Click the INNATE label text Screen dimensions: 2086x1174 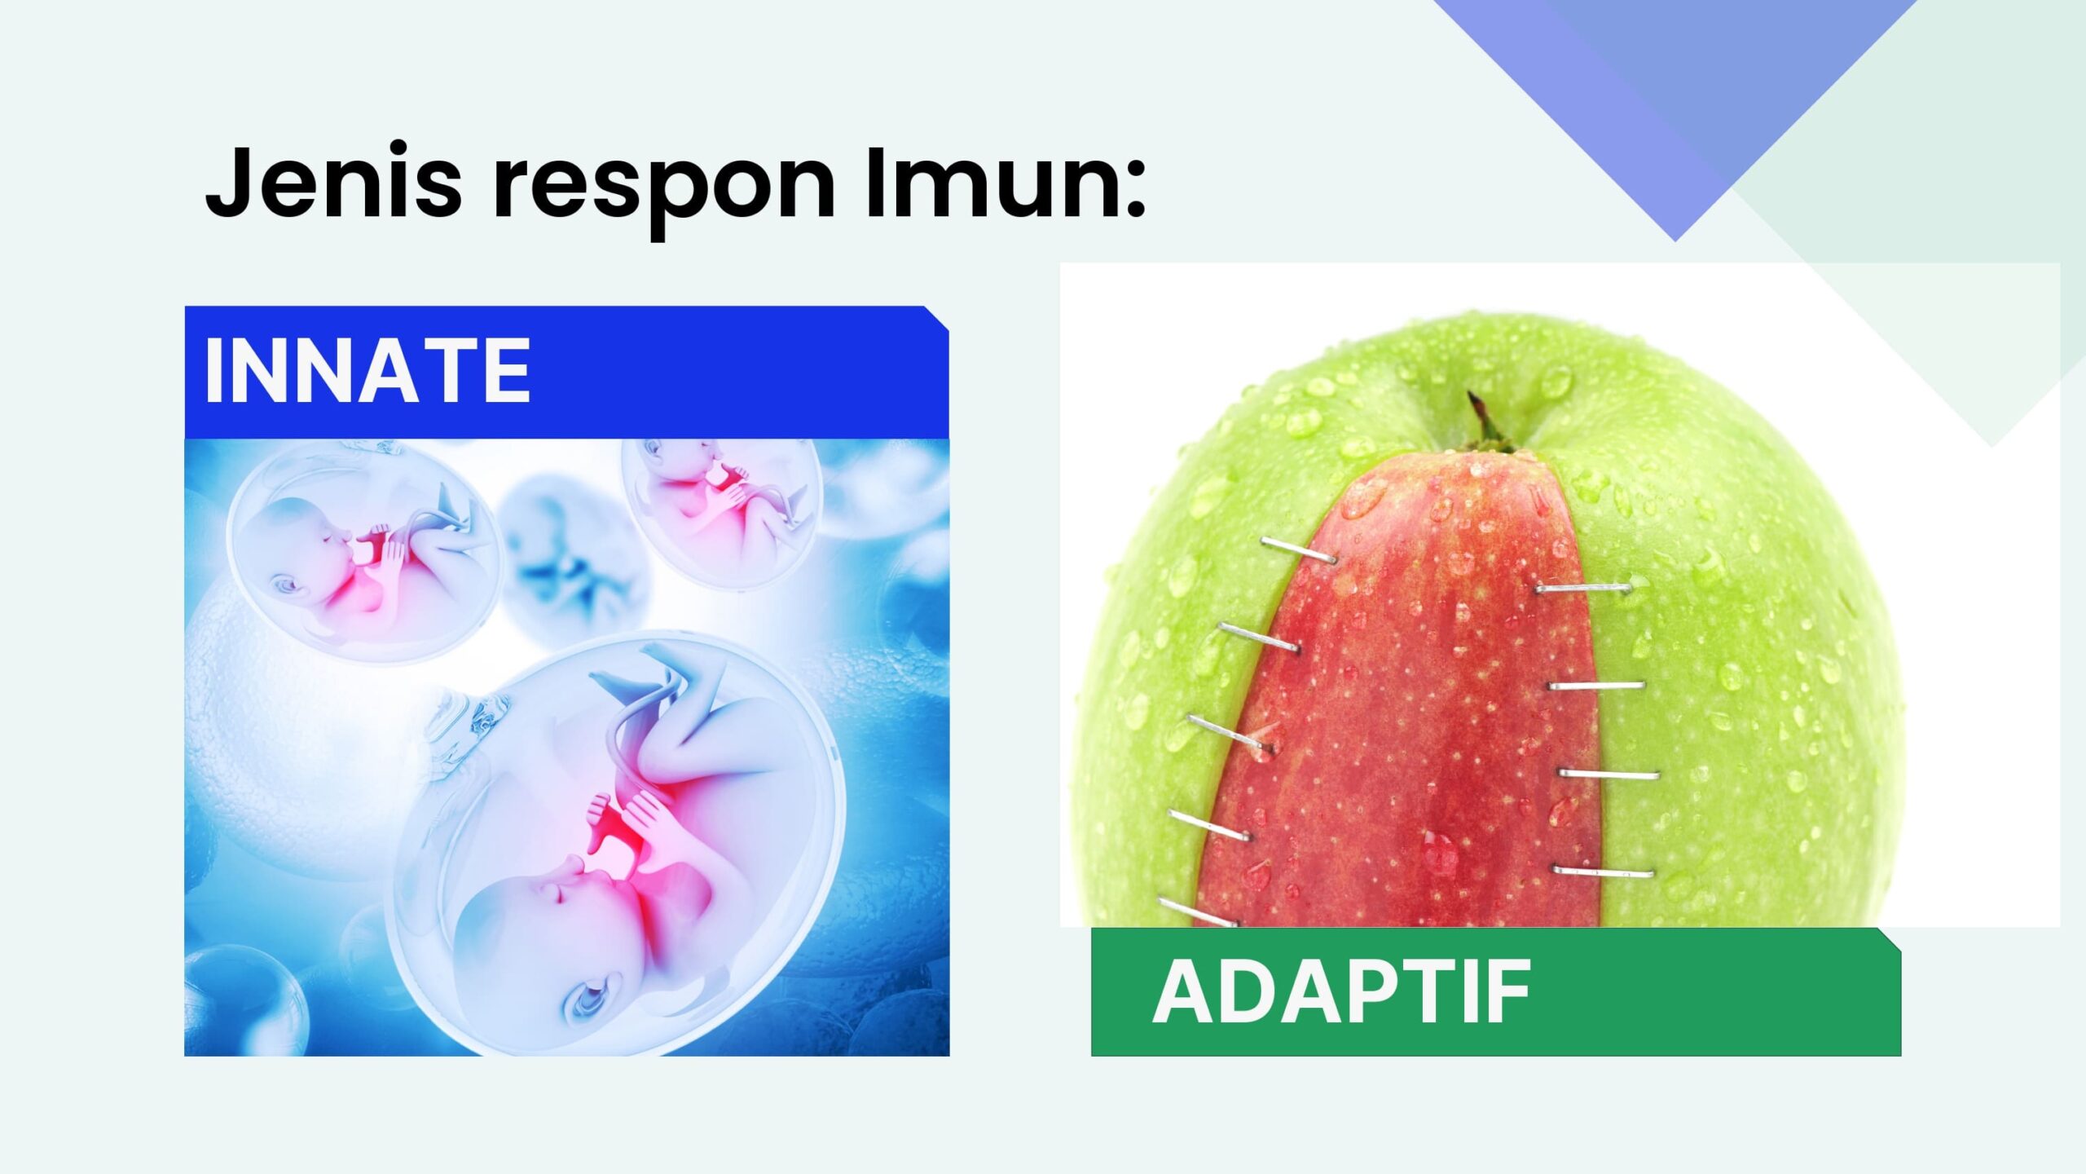click(x=367, y=371)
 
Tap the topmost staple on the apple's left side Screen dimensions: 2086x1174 click(x=1299, y=550)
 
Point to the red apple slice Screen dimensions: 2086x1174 click(x=1402, y=693)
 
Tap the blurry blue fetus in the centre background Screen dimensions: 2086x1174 click(x=562, y=563)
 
